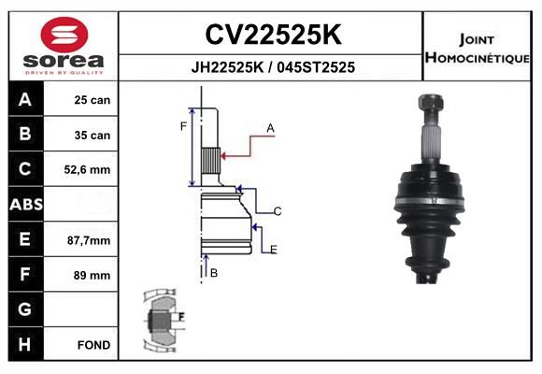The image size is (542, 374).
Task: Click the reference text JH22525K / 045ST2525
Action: pos(272,67)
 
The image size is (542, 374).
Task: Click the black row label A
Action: pos(24,100)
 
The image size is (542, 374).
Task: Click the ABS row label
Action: pos(24,205)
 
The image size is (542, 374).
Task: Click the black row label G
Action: pos(24,309)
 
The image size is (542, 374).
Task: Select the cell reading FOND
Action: pos(94,345)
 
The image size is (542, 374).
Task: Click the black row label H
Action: pos(24,345)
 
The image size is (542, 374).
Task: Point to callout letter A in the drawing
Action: pos(270,127)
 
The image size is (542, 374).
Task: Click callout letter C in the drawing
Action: pos(278,211)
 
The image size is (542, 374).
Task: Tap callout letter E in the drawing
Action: pos(273,249)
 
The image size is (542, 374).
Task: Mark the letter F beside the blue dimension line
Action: pos(183,125)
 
